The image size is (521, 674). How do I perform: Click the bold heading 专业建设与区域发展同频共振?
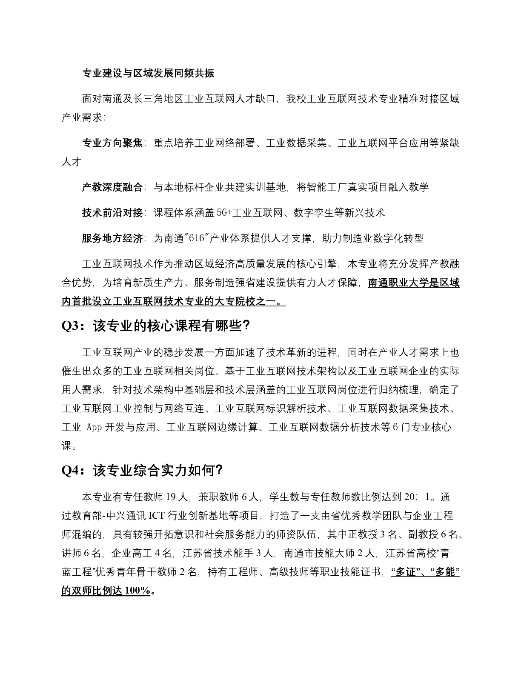(x=148, y=74)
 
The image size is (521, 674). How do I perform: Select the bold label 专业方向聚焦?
(x=112, y=143)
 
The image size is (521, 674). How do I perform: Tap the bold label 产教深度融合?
(x=112, y=187)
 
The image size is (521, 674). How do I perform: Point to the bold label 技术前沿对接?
(x=112, y=213)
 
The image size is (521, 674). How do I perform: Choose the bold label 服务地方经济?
(x=112, y=238)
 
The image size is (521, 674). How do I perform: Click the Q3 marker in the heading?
(x=70, y=326)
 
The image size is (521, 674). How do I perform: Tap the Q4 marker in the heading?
(x=70, y=471)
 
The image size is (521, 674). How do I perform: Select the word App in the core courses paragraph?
(x=94, y=427)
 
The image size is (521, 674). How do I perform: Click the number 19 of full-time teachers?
(x=170, y=497)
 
